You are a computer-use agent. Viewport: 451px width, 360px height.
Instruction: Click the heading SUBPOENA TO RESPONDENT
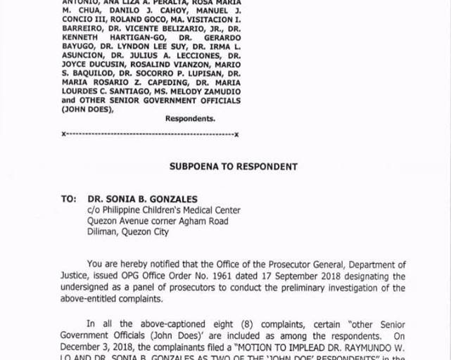233,167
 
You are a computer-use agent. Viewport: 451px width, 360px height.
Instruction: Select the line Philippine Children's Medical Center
169,210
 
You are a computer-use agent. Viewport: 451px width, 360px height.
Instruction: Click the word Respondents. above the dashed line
190,119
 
